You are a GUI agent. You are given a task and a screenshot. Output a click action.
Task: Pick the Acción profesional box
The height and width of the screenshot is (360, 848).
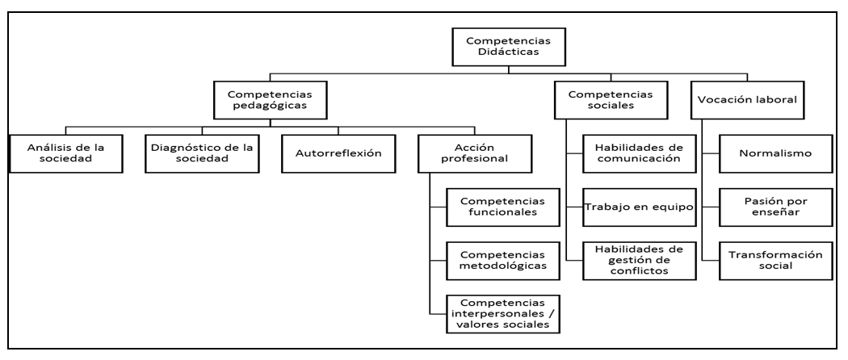coord(475,153)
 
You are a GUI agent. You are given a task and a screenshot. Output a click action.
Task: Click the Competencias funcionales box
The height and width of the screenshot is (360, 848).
coord(496,207)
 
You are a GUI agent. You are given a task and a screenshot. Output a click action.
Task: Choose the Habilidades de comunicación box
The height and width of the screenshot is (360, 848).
coord(626,153)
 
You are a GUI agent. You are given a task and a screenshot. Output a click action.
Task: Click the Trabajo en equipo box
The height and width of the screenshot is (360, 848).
coord(626,207)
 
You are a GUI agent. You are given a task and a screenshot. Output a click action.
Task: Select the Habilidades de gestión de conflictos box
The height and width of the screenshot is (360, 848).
coord(626,260)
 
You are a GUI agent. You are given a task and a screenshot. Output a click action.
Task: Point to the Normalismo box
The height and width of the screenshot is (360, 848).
coord(775,153)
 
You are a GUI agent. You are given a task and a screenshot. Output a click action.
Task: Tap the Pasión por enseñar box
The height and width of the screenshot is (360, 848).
coord(775,207)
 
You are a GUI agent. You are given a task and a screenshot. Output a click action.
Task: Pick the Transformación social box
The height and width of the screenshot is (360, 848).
coord(775,260)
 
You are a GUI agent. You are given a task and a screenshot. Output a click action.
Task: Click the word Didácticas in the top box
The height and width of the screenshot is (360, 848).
coord(506,54)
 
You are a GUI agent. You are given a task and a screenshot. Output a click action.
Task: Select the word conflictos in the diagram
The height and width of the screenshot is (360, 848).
coord(626,271)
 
